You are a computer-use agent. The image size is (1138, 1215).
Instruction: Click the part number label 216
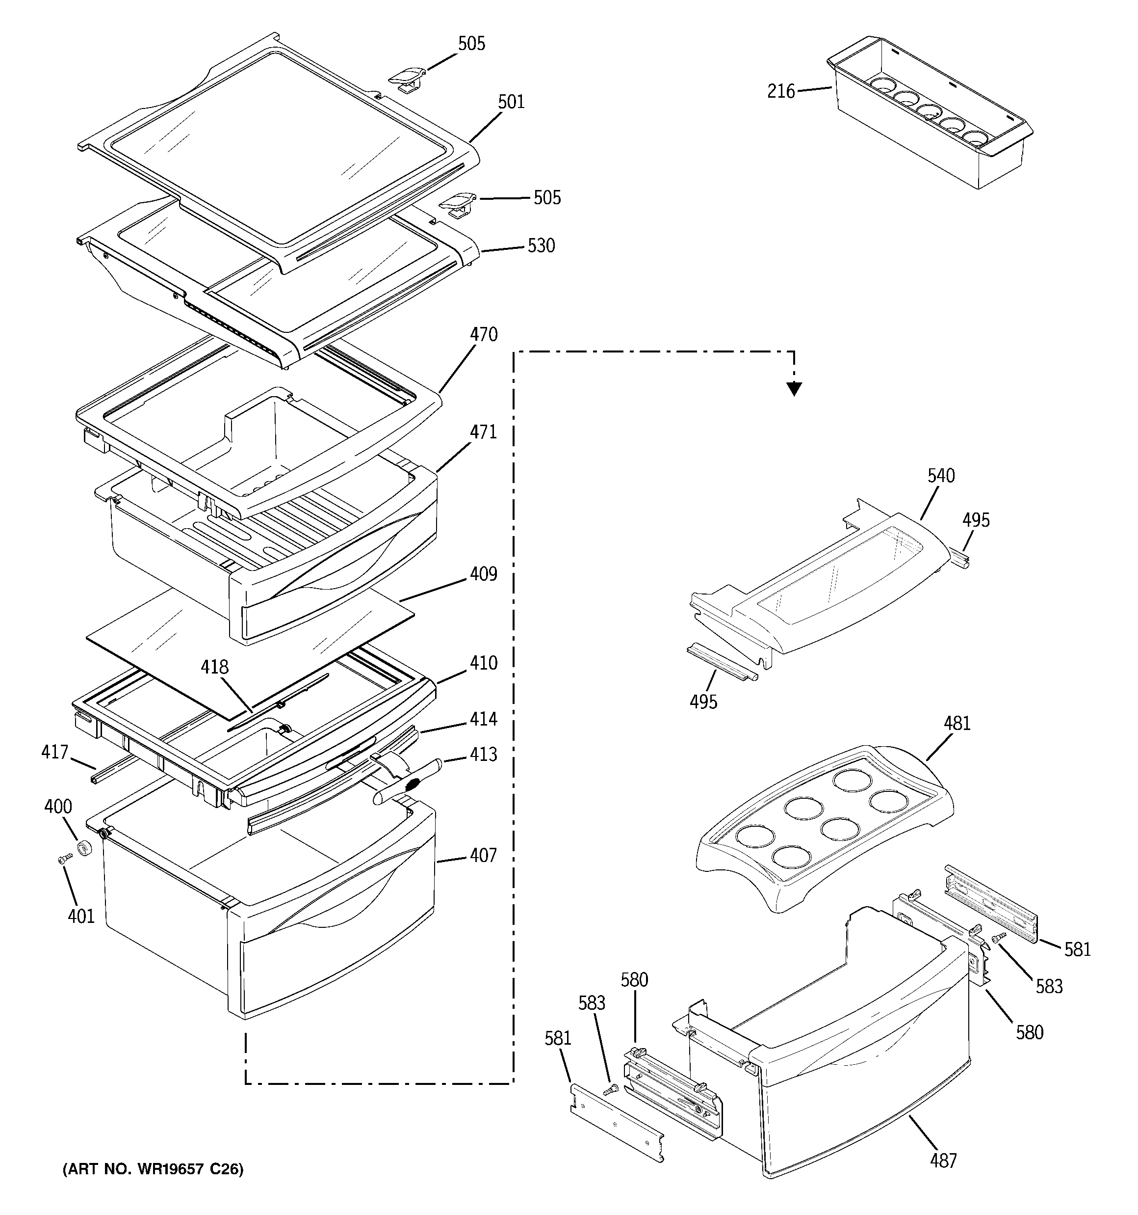click(780, 92)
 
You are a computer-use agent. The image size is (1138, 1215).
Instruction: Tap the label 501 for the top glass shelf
click(511, 102)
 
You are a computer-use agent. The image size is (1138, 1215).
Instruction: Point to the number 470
click(483, 335)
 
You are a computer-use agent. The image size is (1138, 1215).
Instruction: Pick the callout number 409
click(483, 574)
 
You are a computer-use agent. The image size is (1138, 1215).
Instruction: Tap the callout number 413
click(483, 755)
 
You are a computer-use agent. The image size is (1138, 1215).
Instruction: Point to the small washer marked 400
click(84, 848)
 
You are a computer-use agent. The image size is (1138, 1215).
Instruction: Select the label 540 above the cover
click(941, 476)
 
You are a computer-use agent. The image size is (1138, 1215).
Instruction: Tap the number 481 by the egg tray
click(957, 724)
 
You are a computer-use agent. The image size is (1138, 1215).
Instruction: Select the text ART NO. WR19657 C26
click(153, 1170)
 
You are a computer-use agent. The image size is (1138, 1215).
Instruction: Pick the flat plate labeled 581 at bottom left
click(617, 1123)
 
